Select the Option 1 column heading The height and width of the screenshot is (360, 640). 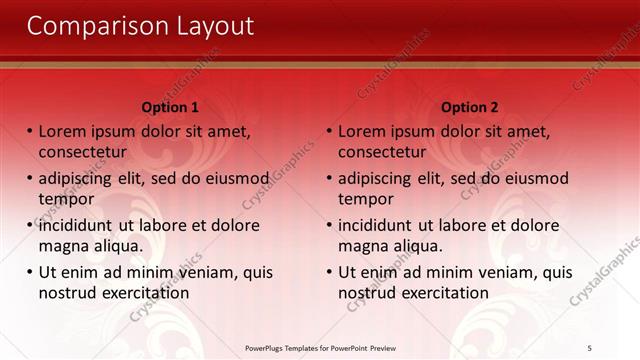click(x=170, y=107)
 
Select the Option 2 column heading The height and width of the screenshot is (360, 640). click(x=469, y=107)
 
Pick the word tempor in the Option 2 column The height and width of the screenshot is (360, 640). click(x=366, y=199)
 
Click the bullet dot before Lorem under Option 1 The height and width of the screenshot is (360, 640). click(x=30, y=131)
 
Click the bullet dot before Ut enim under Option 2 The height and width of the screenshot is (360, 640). click(x=330, y=272)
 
